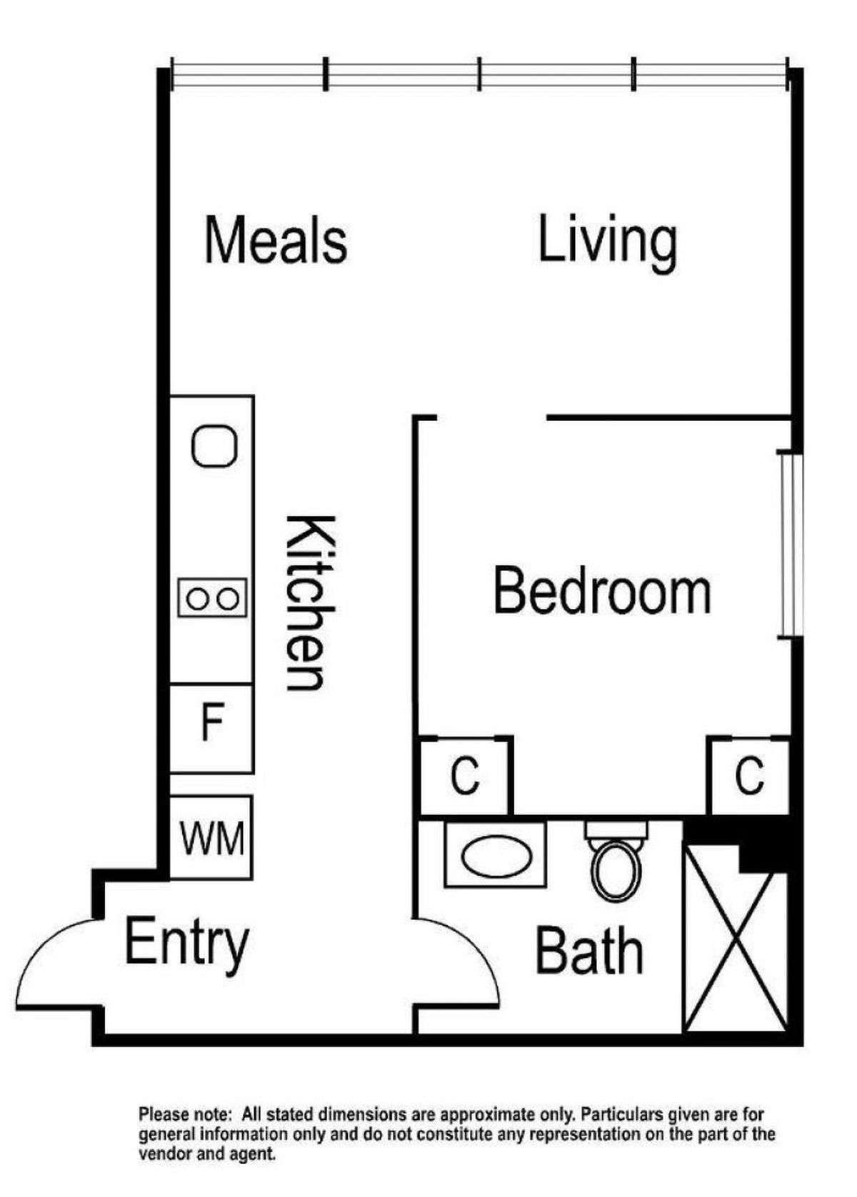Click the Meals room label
(276, 238)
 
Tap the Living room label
(607, 243)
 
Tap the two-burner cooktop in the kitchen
(213, 598)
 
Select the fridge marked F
(211, 728)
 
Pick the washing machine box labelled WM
(211, 838)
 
